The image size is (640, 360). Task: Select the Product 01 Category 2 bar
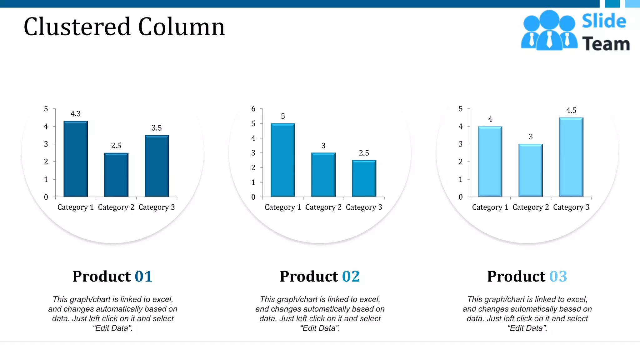pyautogui.click(x=116, y=175)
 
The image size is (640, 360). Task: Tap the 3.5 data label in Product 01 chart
pyautogui.click(x=157, y=128)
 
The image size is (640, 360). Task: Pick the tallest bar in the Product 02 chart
pyautogui.click(x=283, y=160)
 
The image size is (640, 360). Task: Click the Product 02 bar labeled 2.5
pyautogui.click(x=364, y=178)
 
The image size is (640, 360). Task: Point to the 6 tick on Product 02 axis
pyautogui.click(x=253, y=109)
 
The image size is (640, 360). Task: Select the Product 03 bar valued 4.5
pyautogui.click(x=571, y=157)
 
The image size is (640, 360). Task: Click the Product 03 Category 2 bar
pyautogui.click(x=531, y=170)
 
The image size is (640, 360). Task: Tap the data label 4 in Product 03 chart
pyautogui.click(x=490, y=119)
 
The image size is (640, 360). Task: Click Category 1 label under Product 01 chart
pyautogui.click(x=76, y=207)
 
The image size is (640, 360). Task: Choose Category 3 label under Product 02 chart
pyautogui.click(x=364, y=207)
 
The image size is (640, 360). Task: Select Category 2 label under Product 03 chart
pyautogui.click(x=531, y=207)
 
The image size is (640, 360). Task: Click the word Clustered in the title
pyautogui.click(x=77, y=27)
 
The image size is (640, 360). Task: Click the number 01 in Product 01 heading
pyautogui.click(x=143, y=276)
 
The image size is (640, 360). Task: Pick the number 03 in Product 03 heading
pyautogui.click(x=558, y=276)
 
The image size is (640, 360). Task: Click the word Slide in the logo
pyautogui.click(x=604, y=21)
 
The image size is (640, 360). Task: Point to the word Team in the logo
pyautogui.click(x=606, y=44)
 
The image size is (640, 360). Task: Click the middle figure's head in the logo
pyautogui.click(x=549, y=20)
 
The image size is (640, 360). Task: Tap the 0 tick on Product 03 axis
pyautogui.click(x=461, y=197)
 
